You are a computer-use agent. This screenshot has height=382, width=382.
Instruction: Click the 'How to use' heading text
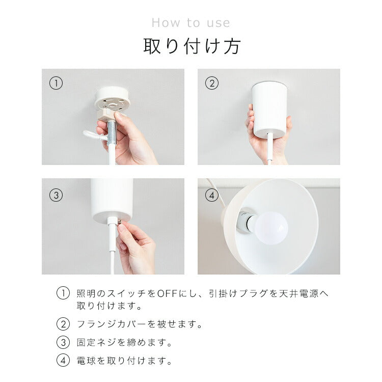(x=190, y=23)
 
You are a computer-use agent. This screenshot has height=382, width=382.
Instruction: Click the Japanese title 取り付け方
(x=191, y=46)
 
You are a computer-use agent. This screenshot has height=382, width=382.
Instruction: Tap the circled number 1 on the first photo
(x=56, y=83)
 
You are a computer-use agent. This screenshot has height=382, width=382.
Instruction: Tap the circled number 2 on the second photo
(x=211, y=83)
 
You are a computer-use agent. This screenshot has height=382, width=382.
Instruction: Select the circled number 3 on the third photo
(x=56, y=195)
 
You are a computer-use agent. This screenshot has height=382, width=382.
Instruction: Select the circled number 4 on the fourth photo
(x=211, y=195)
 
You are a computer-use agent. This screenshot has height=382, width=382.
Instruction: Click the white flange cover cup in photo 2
(x=269, y=107)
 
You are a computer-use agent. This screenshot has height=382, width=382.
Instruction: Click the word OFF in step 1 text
(x=167, y=293)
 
